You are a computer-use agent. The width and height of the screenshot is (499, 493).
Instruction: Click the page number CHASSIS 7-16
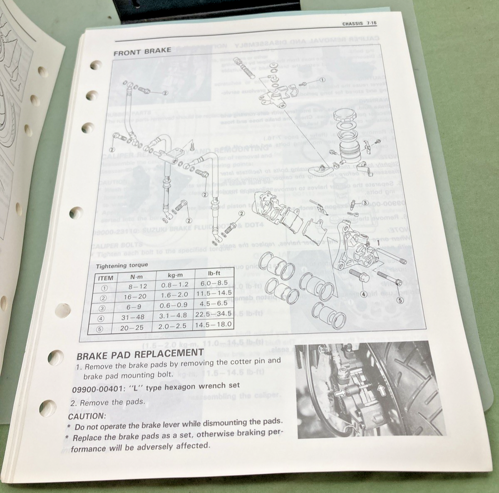359,24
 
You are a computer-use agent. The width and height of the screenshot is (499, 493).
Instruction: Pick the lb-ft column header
214,274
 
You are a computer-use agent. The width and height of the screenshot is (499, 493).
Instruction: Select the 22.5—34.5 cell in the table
214,314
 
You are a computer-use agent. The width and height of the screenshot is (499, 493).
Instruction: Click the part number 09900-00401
98,386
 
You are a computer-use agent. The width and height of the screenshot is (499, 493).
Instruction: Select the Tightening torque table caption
122,265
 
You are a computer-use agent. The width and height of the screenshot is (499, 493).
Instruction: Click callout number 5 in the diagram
401,300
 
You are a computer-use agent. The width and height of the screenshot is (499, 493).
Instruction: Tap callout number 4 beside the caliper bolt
364,294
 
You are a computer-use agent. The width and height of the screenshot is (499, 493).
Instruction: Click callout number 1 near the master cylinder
322,80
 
